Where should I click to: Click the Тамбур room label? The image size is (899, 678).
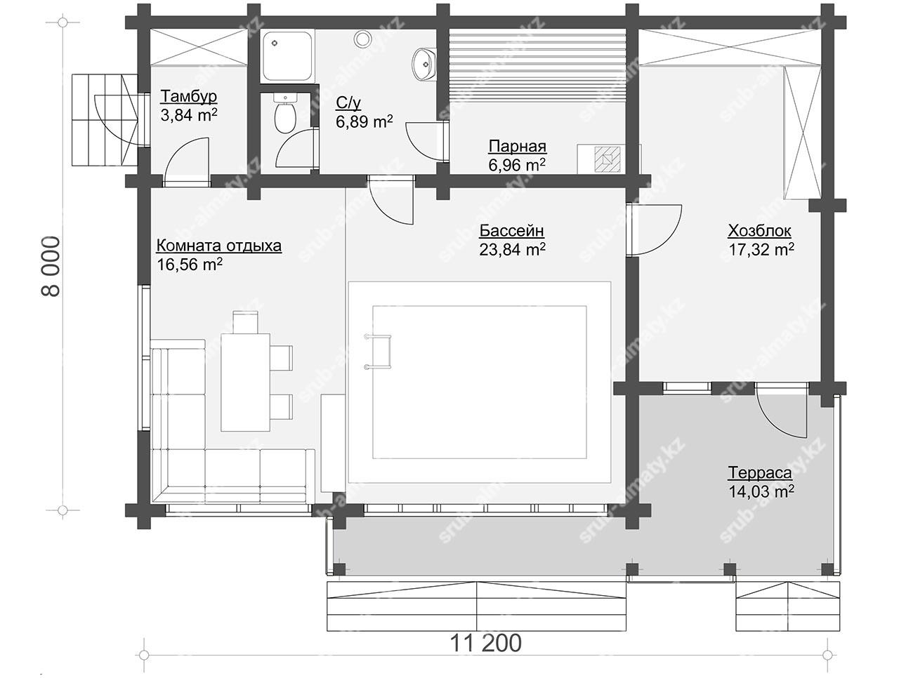(188, 96)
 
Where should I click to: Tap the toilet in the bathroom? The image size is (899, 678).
(284, 112)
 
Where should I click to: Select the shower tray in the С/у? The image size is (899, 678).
(287, 56)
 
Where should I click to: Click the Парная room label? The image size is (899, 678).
(518, 146)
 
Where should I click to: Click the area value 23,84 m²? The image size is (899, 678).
(512, 249)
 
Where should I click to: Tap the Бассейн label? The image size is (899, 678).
(512, 230)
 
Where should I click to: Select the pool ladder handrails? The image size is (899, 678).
(378, 352)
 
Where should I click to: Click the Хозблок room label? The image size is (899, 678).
(759, 231)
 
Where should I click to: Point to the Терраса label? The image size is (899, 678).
(760, 472)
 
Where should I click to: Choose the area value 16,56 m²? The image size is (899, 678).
(190, 265)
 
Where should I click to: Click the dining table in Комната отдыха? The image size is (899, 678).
(245, 383)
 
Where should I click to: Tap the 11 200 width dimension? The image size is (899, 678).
(486, 643)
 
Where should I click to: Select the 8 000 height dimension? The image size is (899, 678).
(51, 267)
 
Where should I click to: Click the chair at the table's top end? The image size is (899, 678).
(245, 322)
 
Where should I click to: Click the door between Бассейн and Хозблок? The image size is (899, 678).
(654, 230)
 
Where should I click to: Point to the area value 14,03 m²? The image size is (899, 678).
(761, 491)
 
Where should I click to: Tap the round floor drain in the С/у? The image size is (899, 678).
(362, 39)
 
